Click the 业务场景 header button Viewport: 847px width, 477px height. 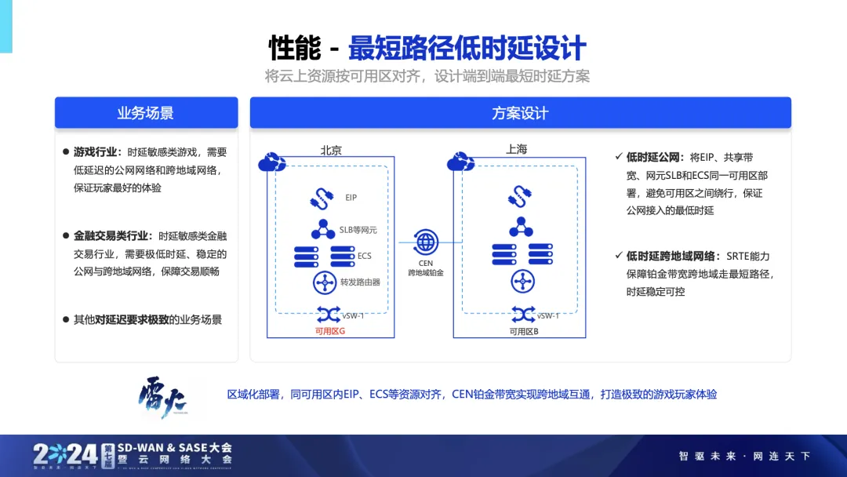146,113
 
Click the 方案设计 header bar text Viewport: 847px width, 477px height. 520,113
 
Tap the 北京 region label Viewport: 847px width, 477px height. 331,150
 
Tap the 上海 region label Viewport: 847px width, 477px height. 517,148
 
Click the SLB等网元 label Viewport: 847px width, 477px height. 358,231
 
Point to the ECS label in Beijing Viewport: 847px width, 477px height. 364,256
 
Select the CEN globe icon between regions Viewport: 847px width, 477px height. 426,240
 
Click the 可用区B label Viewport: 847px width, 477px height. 523,332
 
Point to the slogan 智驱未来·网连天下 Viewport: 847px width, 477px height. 743,456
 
